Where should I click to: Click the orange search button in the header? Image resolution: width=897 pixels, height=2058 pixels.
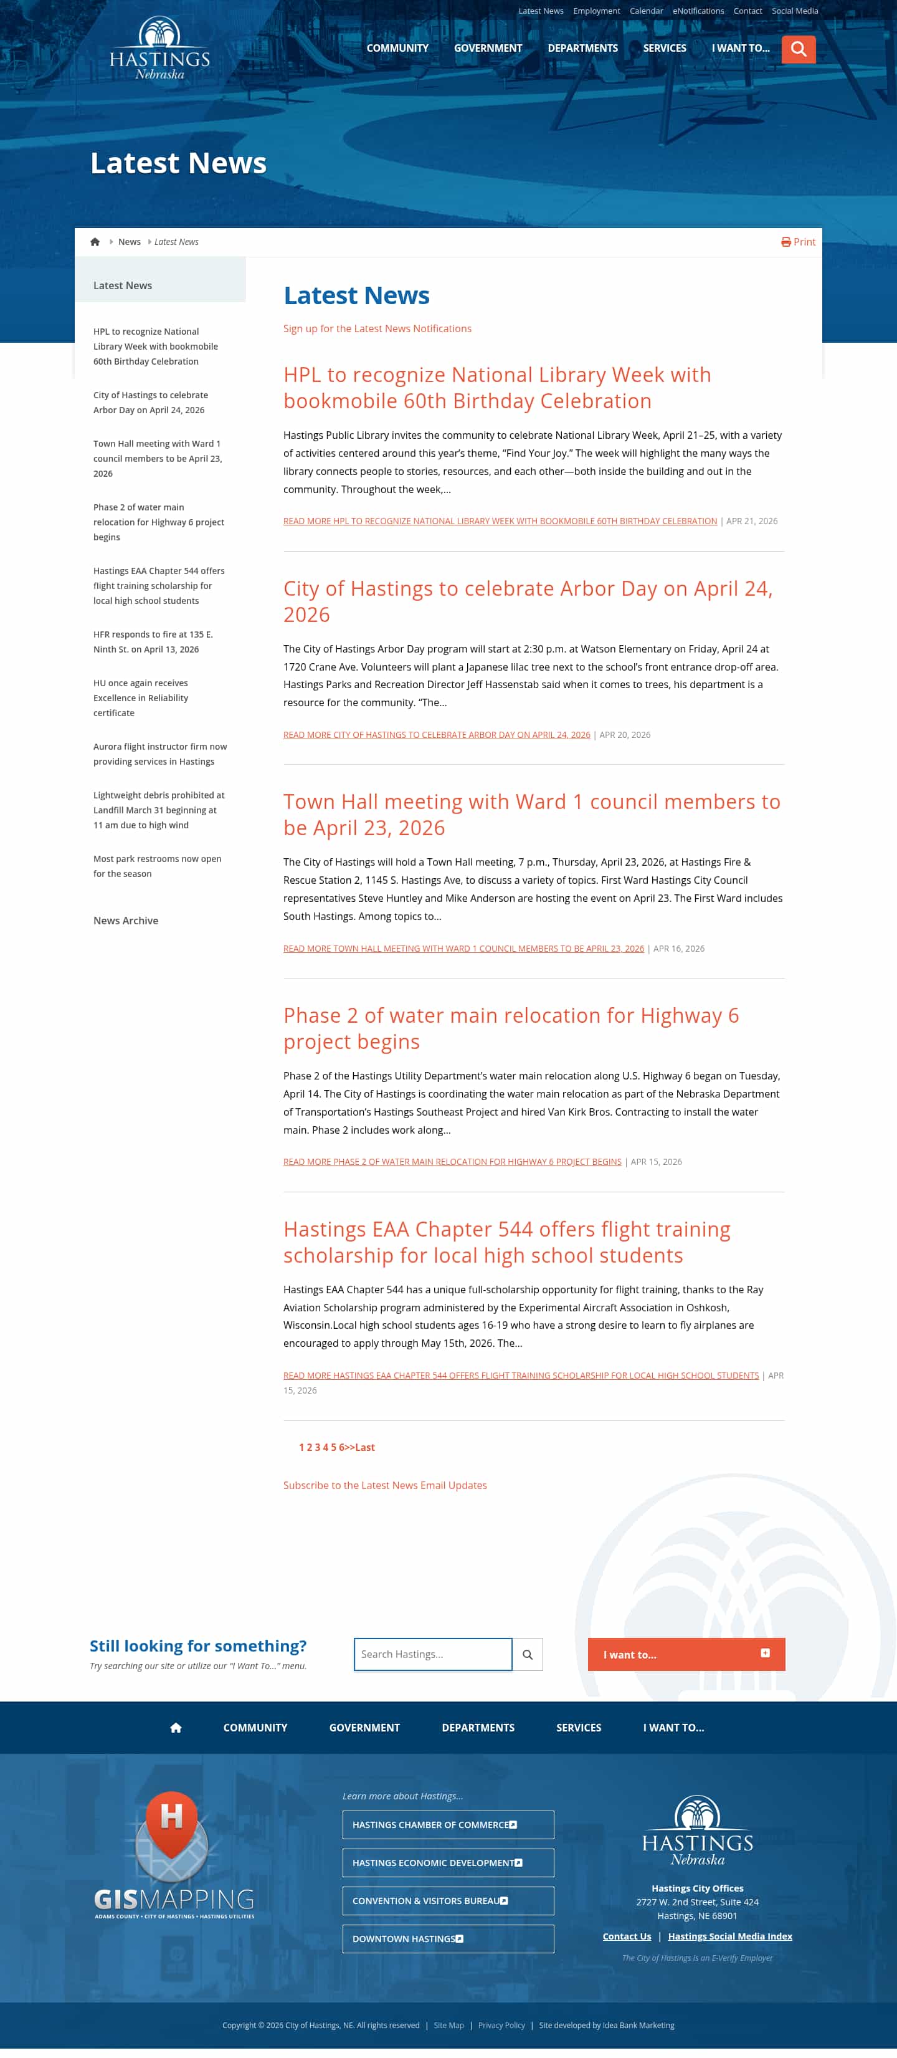point(798,49)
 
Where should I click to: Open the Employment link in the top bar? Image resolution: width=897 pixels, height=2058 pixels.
point(596,11)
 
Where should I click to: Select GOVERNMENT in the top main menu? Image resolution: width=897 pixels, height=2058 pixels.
point(487,48)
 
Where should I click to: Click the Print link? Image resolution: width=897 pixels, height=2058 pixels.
point(798,242)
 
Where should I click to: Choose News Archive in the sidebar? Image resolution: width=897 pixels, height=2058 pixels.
point(125,921)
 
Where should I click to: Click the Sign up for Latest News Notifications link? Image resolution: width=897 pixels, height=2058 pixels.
point(377,328)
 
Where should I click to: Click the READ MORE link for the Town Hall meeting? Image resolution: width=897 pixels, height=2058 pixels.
point(463,949)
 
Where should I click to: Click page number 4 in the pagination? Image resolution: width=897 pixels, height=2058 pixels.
point(325,1447)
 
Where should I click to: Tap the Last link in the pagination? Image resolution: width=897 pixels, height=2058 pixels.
point(365,1447)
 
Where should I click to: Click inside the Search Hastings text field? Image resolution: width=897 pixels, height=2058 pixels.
point(432,1654)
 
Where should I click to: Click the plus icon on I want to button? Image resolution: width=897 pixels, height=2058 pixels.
point(764,1653)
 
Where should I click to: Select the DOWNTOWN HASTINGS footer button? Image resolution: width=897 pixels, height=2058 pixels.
point(447,1938)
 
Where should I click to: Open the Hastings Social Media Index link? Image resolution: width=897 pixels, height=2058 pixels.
point(729,1936)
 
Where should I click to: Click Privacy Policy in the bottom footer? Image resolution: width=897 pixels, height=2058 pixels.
point(501,2024)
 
